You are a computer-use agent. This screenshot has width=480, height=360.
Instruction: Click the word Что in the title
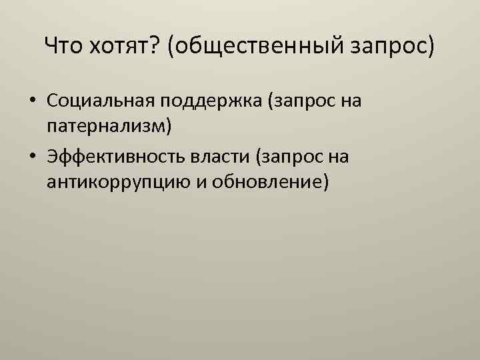tap(64, 47)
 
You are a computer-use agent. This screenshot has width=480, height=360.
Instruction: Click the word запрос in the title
tap(393, 47)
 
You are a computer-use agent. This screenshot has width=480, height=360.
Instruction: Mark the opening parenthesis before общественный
tap(172, 47)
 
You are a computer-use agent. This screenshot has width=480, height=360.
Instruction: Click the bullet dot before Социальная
tap(32, 103)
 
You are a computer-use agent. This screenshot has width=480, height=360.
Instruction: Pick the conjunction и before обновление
tap(198, 181)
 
